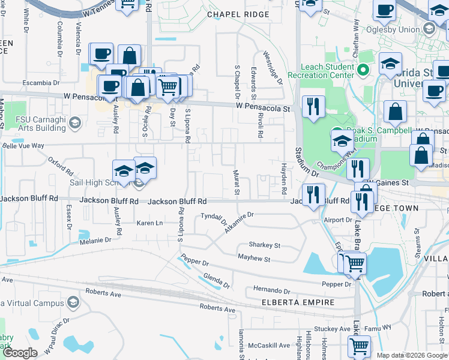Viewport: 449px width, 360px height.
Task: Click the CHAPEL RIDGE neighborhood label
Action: tap(231, 14)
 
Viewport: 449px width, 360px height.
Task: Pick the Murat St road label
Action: tap(237, 182)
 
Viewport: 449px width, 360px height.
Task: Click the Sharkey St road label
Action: tap(265, 245)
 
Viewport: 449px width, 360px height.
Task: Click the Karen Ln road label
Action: tap(149, 223)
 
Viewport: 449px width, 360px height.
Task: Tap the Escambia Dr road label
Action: tap(38, 82)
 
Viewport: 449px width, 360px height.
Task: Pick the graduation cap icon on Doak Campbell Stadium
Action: tap(342, 141)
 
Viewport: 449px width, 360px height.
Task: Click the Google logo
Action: tap(20, 353)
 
